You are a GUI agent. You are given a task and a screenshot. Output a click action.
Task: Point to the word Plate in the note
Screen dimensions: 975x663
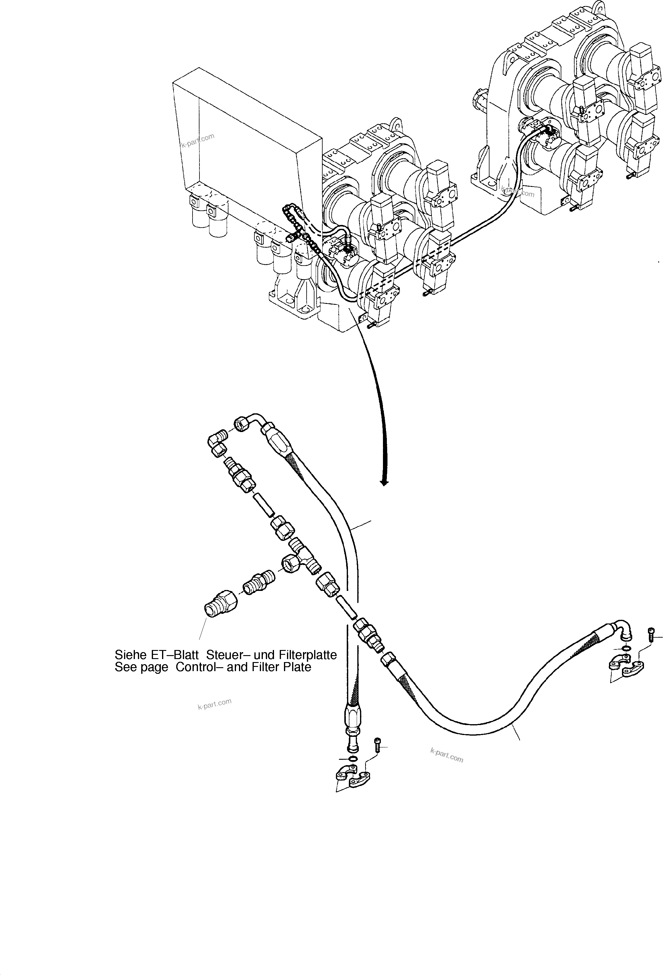296,667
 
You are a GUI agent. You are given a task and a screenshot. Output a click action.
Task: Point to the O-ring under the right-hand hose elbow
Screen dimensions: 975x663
626,649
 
